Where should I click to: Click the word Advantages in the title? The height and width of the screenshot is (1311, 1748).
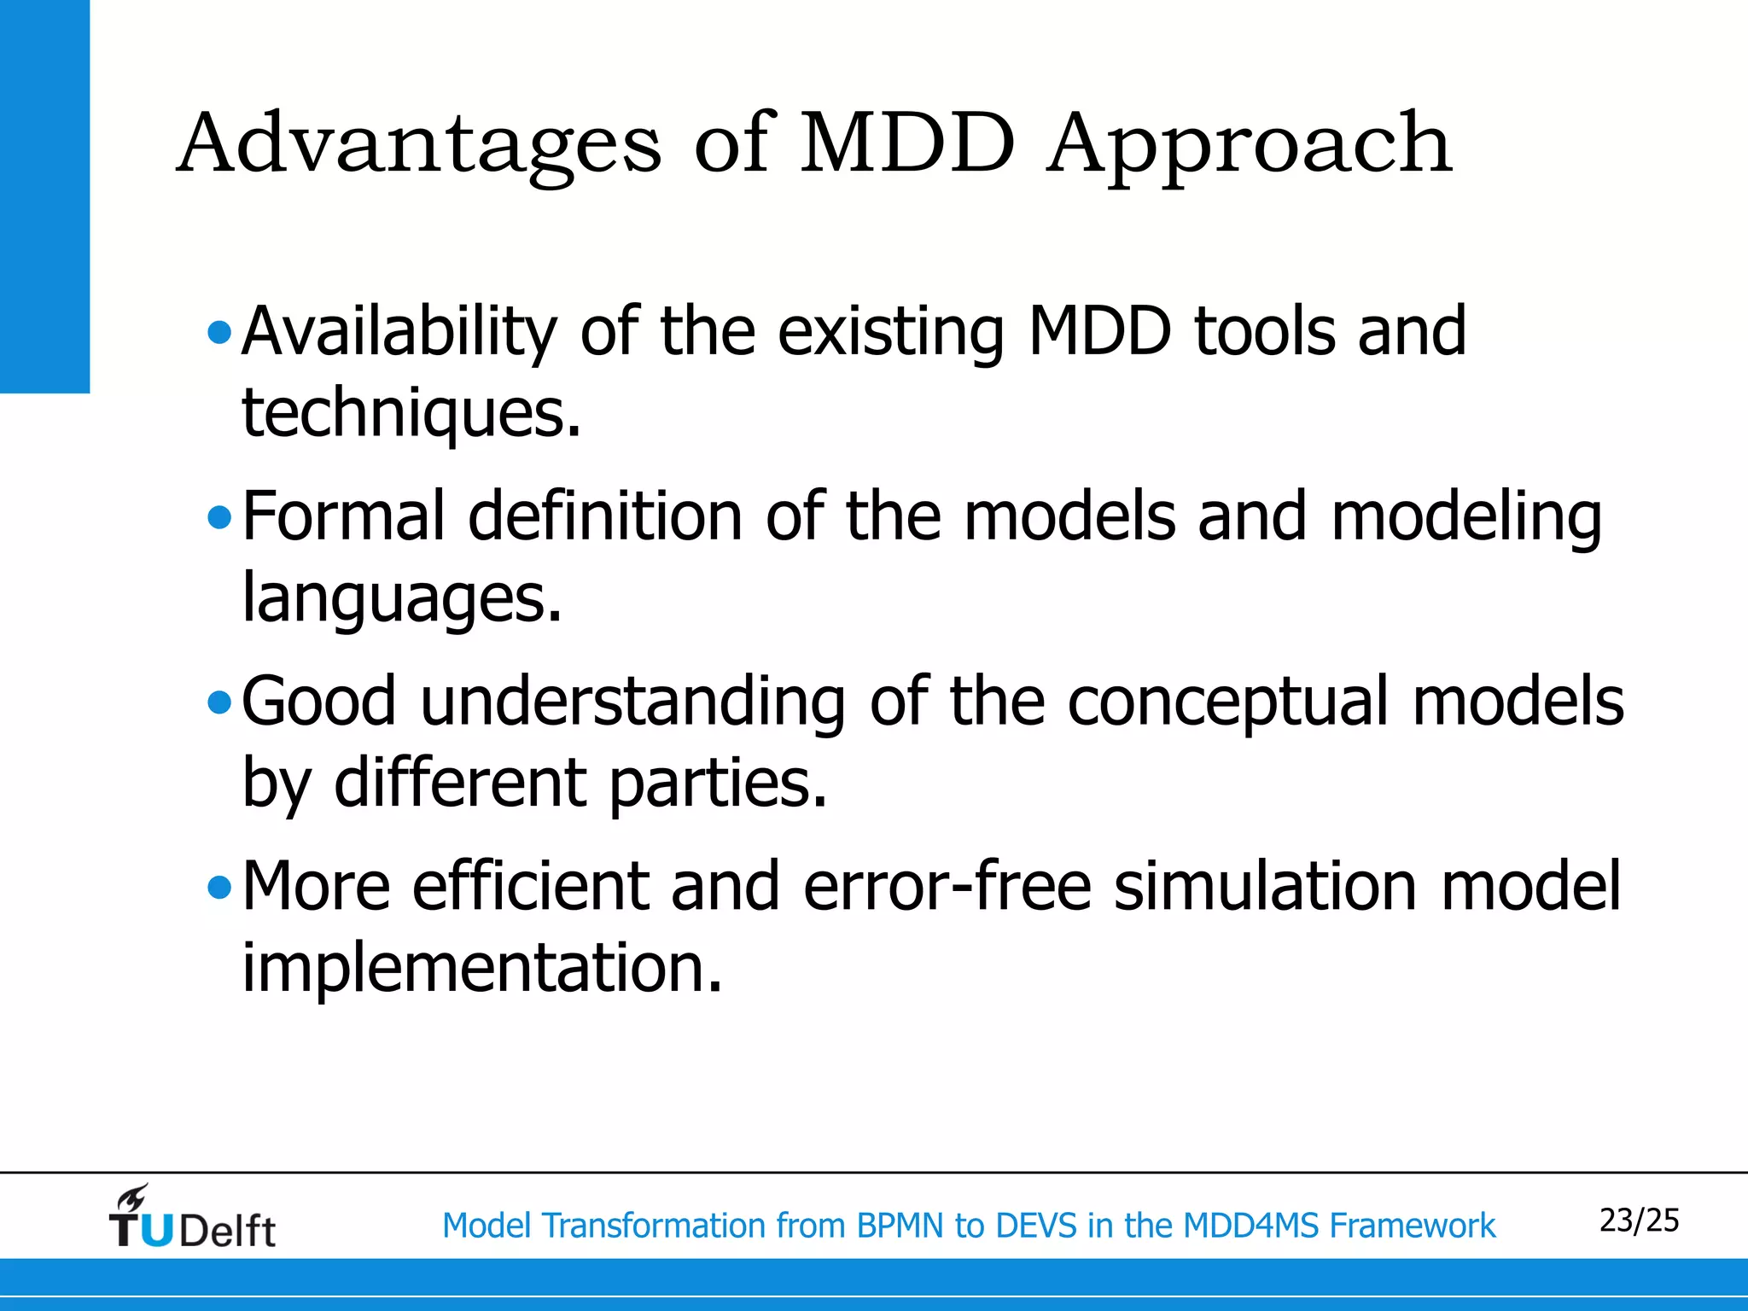[x=418, y=145]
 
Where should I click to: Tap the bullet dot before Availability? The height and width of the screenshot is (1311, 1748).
[x=219, y=332]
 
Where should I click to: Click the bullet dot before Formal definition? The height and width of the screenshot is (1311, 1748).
[x=219, y=517]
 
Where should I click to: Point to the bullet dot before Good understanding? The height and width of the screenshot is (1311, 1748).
[x=219, y=702]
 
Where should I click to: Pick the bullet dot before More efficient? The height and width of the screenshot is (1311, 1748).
[x=219, y=889]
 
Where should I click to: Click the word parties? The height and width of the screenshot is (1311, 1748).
[x=717, y=784]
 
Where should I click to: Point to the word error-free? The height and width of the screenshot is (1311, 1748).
[x=947, y=888]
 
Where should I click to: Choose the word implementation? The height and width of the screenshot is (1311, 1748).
[x=481, y=969]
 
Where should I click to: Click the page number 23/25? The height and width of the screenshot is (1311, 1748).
[x=1639, y=1221]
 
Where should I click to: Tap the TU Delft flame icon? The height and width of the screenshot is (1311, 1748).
[x=132, y=1199]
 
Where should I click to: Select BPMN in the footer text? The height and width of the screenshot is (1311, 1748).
[x=901, y=1227]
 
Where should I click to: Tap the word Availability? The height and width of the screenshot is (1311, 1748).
[x=399, y=332]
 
